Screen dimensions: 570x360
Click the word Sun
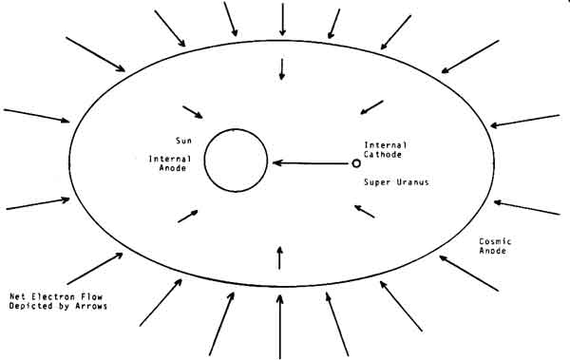click(183, 141)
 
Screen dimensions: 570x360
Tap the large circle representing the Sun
click(204, 160)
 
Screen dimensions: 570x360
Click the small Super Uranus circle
click(356, 163)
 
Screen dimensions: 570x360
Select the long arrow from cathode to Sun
click(310, 163)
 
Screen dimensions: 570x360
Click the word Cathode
click(383, 155)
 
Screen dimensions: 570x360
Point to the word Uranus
click(412, 182)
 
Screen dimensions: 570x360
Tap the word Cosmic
click(495, 241)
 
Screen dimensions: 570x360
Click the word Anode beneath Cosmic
click(492, 251)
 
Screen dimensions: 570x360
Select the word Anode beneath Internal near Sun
click(173, 168)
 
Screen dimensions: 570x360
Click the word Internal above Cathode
click(386, 145)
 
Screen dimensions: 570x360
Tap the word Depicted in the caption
click(30, 306)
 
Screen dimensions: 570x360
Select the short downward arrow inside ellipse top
click(282, 69)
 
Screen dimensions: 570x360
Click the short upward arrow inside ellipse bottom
click(279, 257)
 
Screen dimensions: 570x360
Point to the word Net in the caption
click(17, 296)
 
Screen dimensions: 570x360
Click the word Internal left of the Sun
click(170, 159)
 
